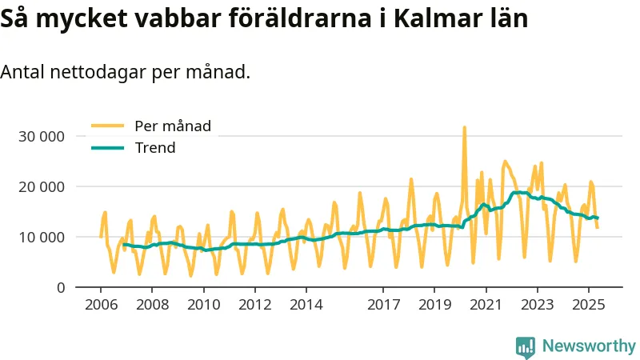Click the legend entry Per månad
[x=173, y=126]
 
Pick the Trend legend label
[x=155, y=148]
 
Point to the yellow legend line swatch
[x=107, y=126]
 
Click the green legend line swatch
[x=107, y=148]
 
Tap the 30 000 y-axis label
[x=41, y=136]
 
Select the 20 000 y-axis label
[x=41, y=186]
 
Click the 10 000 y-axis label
[x=41, y=237]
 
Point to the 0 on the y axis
[x=60, y=287]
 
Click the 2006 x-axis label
[x=101, y=305]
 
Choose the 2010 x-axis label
[x=203, y=305]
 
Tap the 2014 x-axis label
[x=306, y=305]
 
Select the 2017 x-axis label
[x=382, y=305]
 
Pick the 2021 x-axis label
[x=485, y=305]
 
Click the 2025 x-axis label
[x=587, y=305]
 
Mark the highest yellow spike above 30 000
[x=464, y=128]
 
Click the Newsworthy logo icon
[x=526, y=346]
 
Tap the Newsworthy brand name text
[x=589, y=346]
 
